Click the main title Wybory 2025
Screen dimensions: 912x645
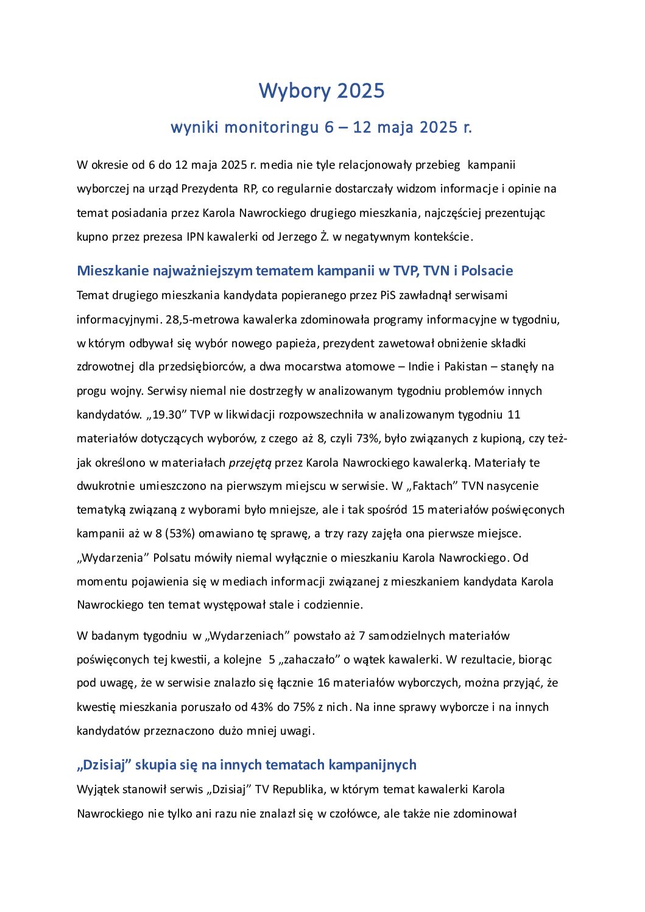(322, 91)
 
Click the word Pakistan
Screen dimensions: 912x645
(465, 367)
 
